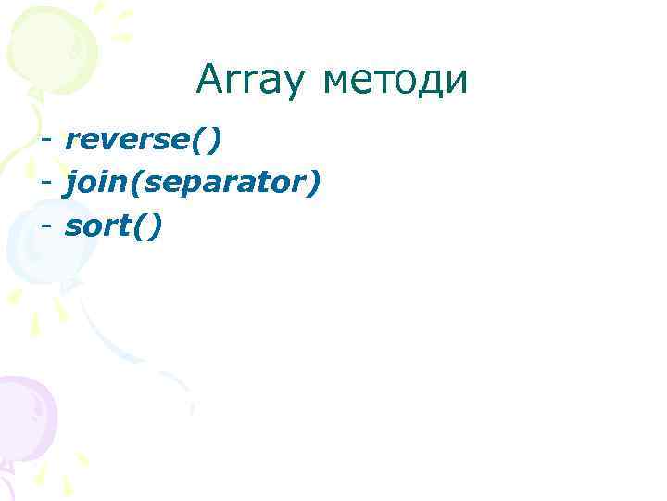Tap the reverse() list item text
pos(144,140)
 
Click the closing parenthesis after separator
pos(315,184)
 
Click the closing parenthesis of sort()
pos(154,226)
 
